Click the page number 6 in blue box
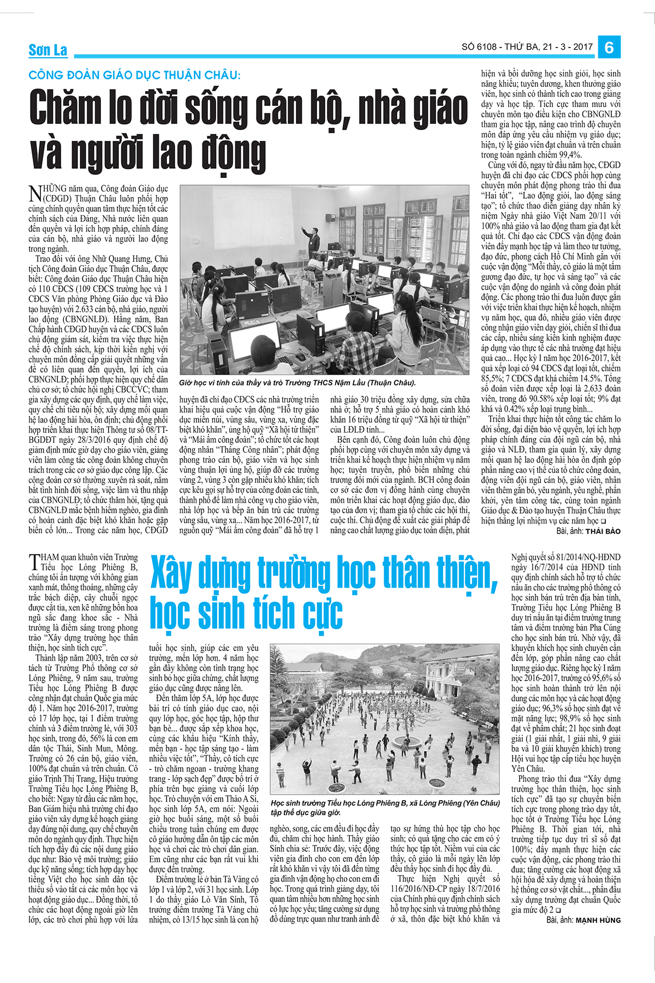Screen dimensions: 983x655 (609, 48)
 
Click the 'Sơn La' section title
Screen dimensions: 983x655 (48, 51)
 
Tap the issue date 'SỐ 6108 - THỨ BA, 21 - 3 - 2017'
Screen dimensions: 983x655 (527, 47)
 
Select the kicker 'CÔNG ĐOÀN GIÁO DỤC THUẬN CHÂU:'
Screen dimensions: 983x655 (134, 75)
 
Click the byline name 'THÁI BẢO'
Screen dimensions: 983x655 (603, 531)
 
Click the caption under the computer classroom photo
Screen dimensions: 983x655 (297, 383)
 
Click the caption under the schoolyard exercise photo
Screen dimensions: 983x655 (385, 807)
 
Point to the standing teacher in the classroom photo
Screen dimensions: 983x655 (313, 235)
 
